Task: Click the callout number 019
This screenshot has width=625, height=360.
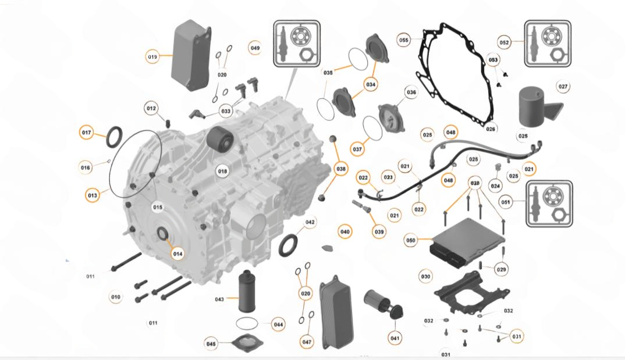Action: pyautogui.click(x=152, y=56)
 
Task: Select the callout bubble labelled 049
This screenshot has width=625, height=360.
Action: pyautogui.click(x=255, y=48)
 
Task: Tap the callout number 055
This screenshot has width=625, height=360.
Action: pyautogui.click(x=404, y=40)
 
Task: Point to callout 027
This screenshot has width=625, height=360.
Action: pyautogui.click(x=563, y=87)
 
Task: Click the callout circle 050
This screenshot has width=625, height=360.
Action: pyautogui.click(x=411, y=240)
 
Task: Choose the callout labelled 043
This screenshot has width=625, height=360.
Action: pyautogui.click(x=219, y=300)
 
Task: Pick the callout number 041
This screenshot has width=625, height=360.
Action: pyautogui.click(x=395, y=338)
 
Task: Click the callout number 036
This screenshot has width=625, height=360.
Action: pyautogui.click(x=411, y=92)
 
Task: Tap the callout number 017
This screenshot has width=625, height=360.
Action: pyautogui.click(x=87, y=133)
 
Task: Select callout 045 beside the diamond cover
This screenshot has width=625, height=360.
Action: pyautogui.click(x=211, y=344)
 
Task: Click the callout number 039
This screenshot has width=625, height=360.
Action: pyautogui.click(x=379, y=231)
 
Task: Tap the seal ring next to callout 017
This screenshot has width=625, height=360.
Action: pyautogui.click(x=114, y=136)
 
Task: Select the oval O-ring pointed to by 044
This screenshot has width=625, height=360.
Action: pyautogui.click(x=250, y=323)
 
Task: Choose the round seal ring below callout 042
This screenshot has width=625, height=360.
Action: pyautogui.click(x=289, y=245)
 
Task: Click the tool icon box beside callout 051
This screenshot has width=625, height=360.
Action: pyautogui.click(x=549, y=203)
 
